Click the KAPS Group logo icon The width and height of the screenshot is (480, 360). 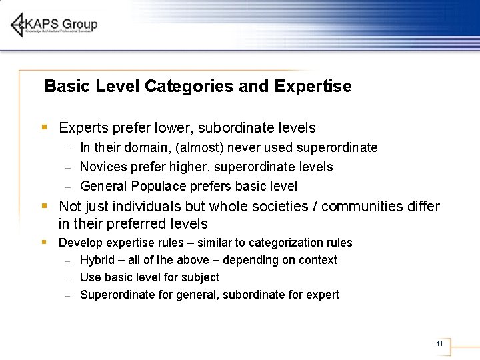coord(17,25)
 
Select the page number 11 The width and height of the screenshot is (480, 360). coord(439,344)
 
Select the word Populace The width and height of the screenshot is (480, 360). coord(159,186)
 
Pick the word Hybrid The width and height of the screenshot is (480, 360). coord(97,260)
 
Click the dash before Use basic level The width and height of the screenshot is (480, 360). coord(68,278)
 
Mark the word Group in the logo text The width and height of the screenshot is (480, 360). coord(81,25)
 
